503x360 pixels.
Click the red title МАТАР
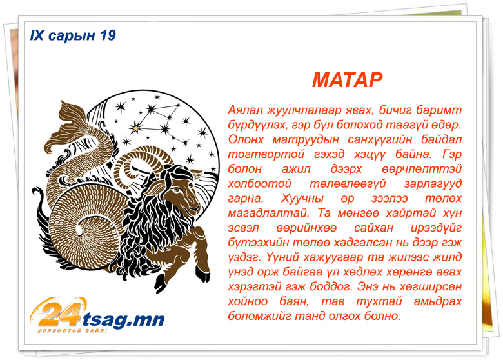coord(348,80)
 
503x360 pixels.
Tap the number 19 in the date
coord(108,35)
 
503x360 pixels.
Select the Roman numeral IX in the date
coord(37,35)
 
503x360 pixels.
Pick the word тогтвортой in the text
coord(266,154)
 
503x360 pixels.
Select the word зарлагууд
coord(433,184)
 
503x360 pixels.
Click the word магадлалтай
coord(269,214)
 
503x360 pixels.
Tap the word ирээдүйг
coord(437,228)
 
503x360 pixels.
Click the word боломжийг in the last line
coord(258,316)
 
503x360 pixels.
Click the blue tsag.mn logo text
coord(124,319)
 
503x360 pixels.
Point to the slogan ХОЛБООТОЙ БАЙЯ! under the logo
coord(72,330)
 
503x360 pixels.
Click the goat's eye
coord(177,190)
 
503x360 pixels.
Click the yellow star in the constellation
coord(136,128)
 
